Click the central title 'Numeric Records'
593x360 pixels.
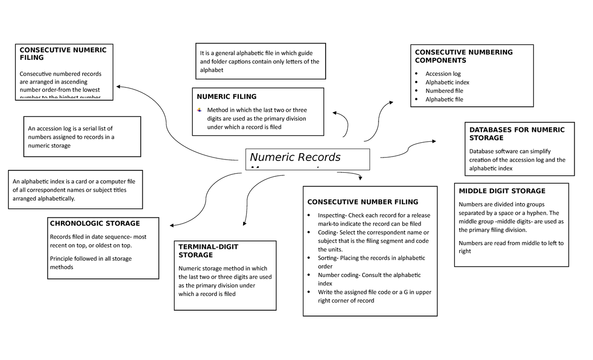coord(295,158)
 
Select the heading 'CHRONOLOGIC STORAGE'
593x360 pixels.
coord(95,223)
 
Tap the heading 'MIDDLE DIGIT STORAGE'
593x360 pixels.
coord(502,191)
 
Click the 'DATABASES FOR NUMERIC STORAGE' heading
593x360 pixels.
coord(516,134)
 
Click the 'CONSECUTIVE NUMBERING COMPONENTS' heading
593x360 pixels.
coord(464,56)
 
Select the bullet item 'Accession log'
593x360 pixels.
coord(443,74)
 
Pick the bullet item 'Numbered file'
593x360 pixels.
coord(444,91)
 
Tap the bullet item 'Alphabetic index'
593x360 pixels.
coord(447,82)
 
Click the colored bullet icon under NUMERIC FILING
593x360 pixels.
coord(200,110)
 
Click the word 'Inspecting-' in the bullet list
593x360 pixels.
coord(333,215)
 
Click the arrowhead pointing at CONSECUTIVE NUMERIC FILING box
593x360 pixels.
coord(119,86)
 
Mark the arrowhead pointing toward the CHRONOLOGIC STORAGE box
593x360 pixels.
coord(169,223)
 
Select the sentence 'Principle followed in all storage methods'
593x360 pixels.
coord(90,263)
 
